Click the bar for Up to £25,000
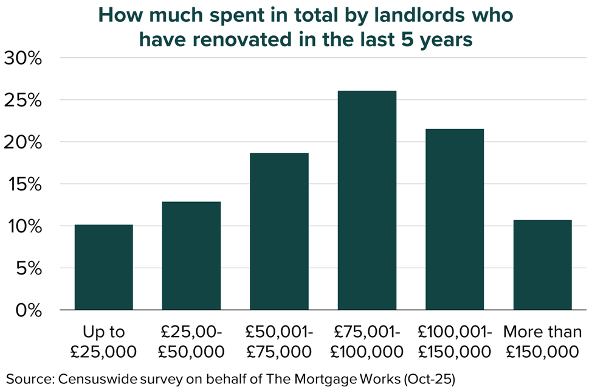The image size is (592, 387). [x=104, y=267]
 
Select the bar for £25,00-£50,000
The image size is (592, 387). [x=191, y=256]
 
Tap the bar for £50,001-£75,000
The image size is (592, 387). [x=279, y=231]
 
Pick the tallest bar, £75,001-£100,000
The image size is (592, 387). [x=367, y=200]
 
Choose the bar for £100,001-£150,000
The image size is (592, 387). [x=455, y=219]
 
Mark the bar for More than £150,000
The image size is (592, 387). [x=542, y=265]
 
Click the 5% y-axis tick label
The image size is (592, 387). [x=29, y=268]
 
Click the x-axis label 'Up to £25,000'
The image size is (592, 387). [x=104, y=341]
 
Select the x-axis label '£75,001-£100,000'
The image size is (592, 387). [x=367, y=341]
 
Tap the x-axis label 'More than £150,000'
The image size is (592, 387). [x=542, y=341]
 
